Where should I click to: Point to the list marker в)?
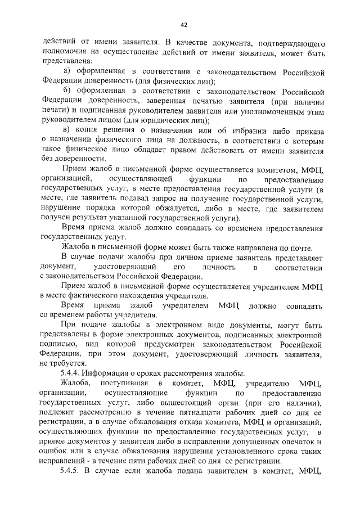click(x=66, y=131)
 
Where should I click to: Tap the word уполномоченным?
click(x=272, y=111)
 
